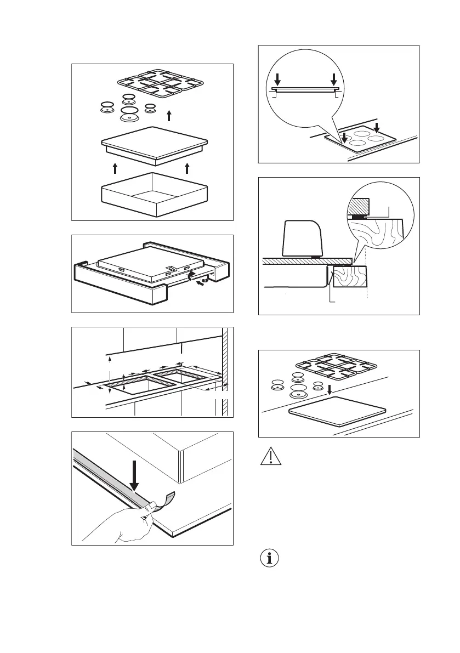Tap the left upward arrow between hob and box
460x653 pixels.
coord(115,167)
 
